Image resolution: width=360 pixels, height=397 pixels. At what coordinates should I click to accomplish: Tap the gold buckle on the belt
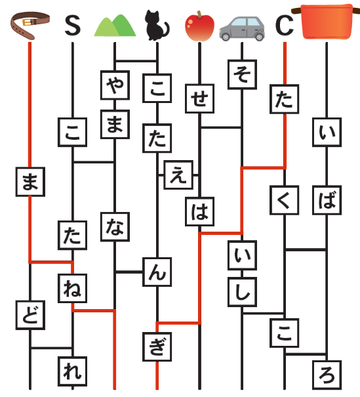click(28, 22)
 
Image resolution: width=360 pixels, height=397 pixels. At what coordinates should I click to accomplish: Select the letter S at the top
click(73, 26)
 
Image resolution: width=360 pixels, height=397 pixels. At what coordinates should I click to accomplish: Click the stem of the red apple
click(199, 14)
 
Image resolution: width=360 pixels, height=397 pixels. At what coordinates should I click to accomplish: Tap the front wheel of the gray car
click(259, 37)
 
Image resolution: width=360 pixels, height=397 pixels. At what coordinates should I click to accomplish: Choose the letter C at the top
click(285, 26)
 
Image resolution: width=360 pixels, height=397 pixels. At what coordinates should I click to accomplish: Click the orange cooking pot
click(327, 22)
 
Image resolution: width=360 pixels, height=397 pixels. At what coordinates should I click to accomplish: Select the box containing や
click(115, 85)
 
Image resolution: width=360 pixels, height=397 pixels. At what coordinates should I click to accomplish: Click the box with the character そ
click(243, 74)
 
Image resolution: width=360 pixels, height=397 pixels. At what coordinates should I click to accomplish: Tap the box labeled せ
click(200, 98)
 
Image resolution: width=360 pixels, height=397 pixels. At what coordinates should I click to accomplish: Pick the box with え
click(178, 175)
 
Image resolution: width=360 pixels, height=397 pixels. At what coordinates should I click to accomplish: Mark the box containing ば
click(327, 200)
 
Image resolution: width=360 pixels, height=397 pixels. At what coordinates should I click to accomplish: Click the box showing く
click(285, 200)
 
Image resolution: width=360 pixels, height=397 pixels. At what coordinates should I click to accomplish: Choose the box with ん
click(157, 272)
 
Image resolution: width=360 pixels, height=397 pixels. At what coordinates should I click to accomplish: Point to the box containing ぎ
click(157, 346)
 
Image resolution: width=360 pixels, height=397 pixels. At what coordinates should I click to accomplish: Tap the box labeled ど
click(30, 315)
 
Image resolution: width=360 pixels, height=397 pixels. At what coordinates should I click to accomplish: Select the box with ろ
click(327, 375)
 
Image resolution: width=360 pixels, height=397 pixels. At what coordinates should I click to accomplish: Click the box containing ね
click(73, 288)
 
